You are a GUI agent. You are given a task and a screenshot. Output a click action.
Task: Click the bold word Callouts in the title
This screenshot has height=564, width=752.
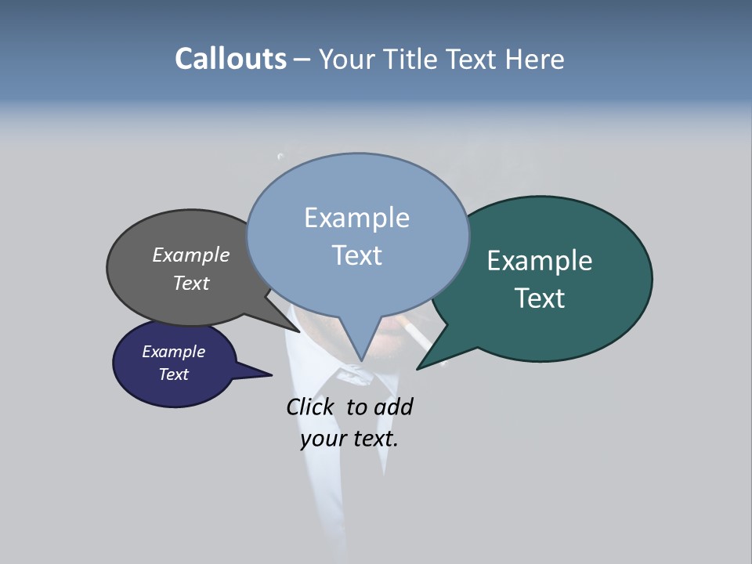tap(230, 59)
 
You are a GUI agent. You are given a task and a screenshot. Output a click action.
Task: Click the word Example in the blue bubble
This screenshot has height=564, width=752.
tap(356, 218)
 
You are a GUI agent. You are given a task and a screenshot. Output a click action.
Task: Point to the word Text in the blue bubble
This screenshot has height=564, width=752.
tap(356, 255)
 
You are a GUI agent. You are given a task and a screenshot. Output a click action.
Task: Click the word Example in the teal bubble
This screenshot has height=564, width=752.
tap(540, 261)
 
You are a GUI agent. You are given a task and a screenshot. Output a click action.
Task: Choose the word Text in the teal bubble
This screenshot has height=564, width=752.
tap(540, 298)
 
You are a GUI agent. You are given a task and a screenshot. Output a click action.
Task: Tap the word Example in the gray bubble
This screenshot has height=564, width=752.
tap(191, 255)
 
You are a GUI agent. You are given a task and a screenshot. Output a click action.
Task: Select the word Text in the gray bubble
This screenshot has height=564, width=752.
tap(191, 283)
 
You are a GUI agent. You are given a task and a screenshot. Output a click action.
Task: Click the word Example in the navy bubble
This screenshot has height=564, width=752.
tap(173, 352)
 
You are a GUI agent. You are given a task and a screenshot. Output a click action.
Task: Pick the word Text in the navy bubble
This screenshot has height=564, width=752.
tap(173, 374)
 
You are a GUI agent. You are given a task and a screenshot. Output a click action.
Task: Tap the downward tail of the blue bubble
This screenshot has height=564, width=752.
tap(361, 357)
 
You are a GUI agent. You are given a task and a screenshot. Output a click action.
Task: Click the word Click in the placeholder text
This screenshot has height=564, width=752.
tap(309, 407)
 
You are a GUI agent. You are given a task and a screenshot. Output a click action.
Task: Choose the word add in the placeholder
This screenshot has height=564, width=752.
tap(392, 407)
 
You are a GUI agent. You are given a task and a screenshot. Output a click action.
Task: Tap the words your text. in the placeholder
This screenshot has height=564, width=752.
tap(349, 439)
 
